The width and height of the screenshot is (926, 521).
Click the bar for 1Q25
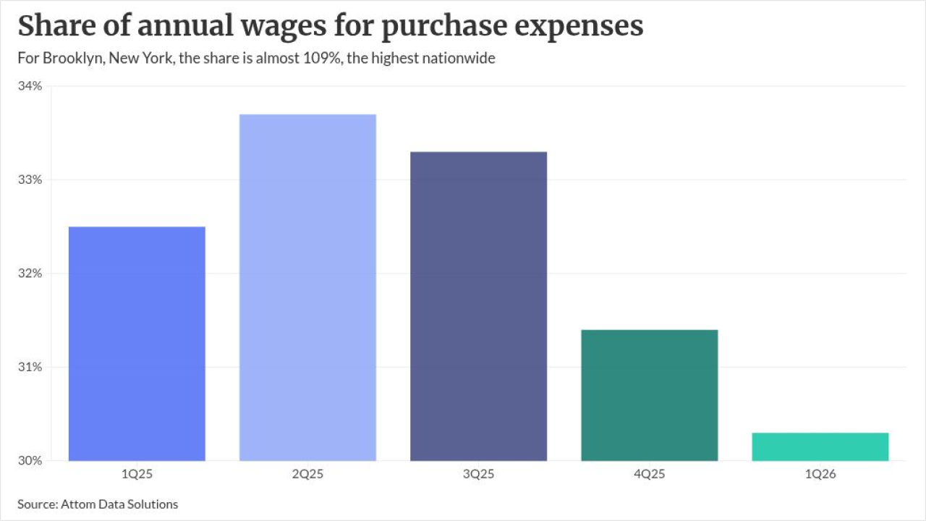pyautogui.click(x=137, y=344)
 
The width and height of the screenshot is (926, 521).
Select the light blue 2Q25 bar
pyautogui.click(x=307, y=287)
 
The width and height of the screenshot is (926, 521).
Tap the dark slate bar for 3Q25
pyautogui.click(x=478, y=306)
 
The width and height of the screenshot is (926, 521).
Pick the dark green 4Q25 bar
pyautogui.click(x=650, y=395)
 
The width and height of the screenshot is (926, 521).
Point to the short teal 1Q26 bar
pyautogui.click(x=820, y=447)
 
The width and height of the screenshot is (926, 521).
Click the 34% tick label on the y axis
pyautogui.click(x=30, y=86)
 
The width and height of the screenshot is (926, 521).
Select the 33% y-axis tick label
pyautogui.click(x=30, y=179)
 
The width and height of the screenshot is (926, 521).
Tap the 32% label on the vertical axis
pyautogui.click(x=30, y=273)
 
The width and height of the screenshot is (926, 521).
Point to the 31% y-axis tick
pyautogui.click(x=30, y=367)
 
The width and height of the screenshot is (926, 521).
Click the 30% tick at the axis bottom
pyautogui.click(x=30, y=460)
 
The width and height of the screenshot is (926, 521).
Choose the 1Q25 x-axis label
pyautogui.click(x=137, y=474)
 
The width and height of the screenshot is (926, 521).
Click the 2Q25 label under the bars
pyautogui.click(x=307, y=474)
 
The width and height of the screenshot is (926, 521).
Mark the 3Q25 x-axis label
pyautogui.click(x=478, y=474)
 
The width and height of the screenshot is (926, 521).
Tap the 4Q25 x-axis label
pyautogui.click(x=650, y=474)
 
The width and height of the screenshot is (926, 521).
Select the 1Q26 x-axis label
pyautogui.click(x=820, y=474)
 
